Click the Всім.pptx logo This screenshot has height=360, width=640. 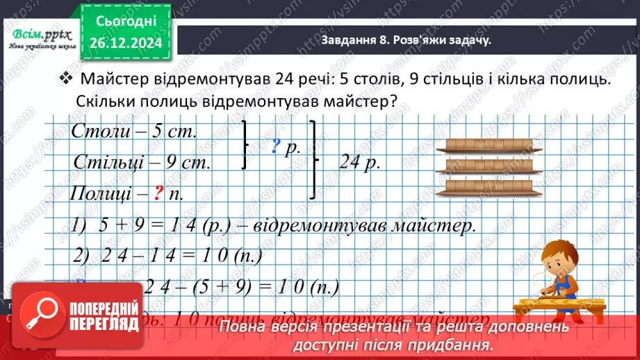38,35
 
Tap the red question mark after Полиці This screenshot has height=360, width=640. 157,193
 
